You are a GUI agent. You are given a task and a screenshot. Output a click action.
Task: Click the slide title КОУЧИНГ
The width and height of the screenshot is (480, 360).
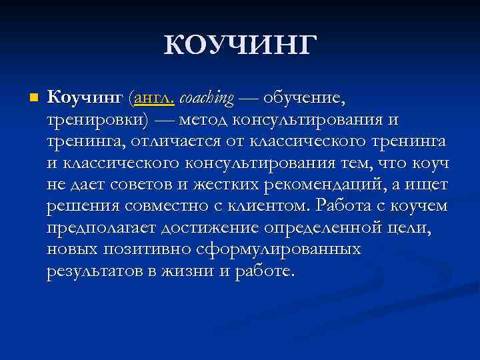coord(239,45)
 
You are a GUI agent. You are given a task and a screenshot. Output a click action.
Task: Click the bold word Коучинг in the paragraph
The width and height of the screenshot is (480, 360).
coord(85,99)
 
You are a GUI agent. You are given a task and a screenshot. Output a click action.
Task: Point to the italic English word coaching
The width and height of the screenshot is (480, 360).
coord(207,99)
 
